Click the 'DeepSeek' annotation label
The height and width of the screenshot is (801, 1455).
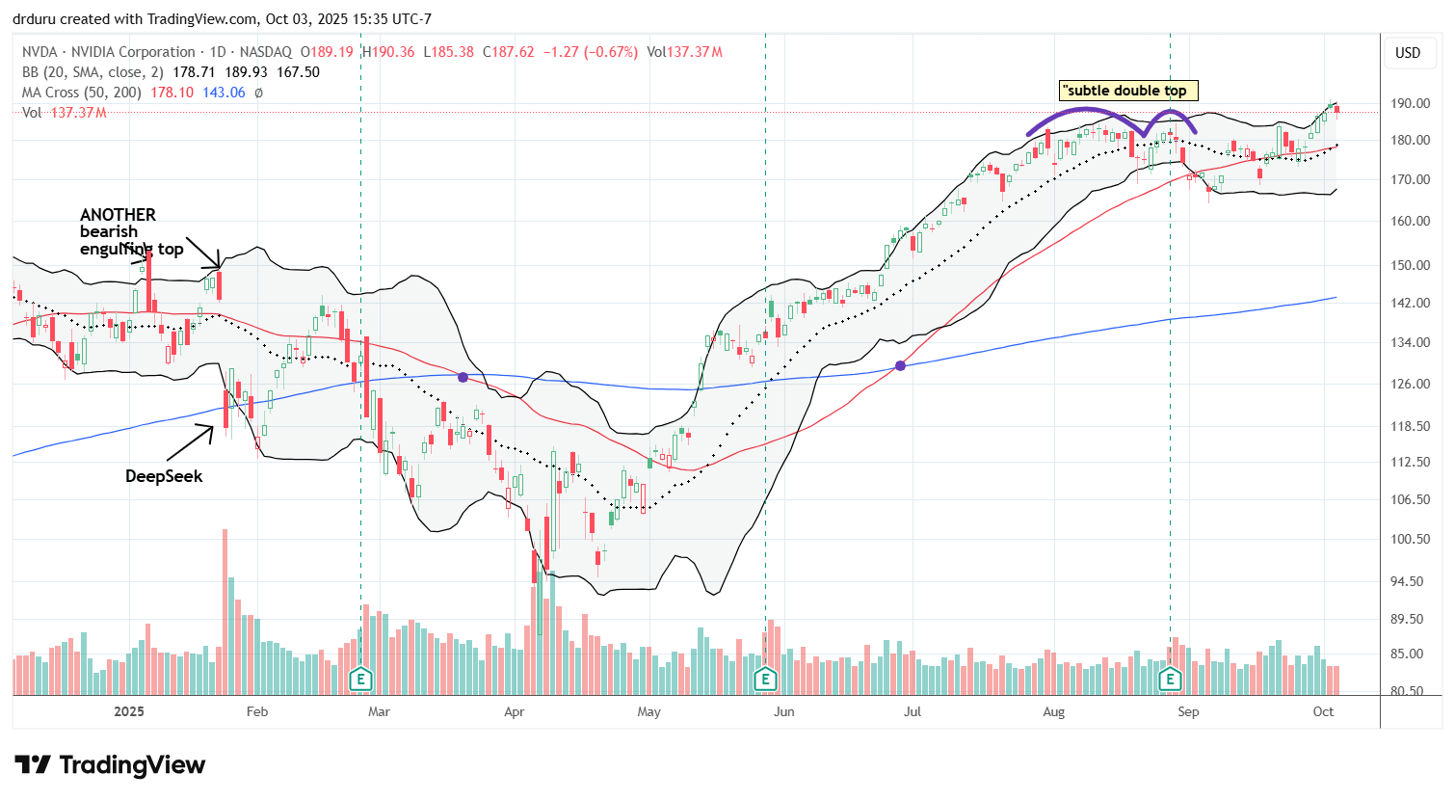(x=164, y=476)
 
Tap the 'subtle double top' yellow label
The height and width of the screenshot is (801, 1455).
(x=1127, y=91)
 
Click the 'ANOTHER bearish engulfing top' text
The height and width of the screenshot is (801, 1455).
(x=131, y=232)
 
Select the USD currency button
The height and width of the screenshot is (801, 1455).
(x=1408, y=53)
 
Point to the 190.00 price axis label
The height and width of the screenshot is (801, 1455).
(x=1408, y=104)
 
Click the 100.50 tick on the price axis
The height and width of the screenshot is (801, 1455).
(x=1408, y=539)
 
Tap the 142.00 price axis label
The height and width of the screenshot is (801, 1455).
(x=1408, y=303)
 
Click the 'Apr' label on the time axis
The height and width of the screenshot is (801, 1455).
(x=515, y=712)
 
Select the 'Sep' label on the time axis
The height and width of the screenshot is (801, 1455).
(x=1188, y=712)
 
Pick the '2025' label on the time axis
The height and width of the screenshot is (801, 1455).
(x=129, y=712)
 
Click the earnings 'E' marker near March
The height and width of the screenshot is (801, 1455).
(x=360, y=679)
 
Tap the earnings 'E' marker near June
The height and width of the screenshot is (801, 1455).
(x=765, y=679)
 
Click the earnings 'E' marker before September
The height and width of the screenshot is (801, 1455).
(x=1170, y=679)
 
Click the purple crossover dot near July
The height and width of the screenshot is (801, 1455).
(x=901, y=365)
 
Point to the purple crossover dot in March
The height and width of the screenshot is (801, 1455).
(x=463, y=377)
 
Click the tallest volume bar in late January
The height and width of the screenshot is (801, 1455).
(x=225, y=611)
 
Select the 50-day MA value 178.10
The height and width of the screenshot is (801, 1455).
(x=172, y=93)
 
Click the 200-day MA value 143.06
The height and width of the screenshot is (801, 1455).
(x=224, y=93)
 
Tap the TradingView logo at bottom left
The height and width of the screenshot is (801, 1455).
(x=110, y=765)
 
